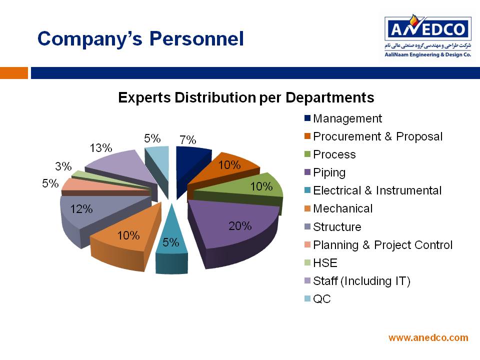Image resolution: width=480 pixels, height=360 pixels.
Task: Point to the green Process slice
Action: [x=245, y=188]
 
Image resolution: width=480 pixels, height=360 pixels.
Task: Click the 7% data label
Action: [x=187, y=140]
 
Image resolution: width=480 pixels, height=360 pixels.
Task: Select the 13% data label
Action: [x=100, y=148]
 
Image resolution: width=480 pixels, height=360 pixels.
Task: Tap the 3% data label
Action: [x=63, y=166]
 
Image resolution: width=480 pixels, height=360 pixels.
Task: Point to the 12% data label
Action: [x=81, y=209]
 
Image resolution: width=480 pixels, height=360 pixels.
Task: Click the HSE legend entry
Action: [x=321, y=263]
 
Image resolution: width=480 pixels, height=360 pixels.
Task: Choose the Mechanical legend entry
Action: [x=338, y=208]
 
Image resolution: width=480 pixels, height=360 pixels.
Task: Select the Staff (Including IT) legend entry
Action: [x=357, y=281]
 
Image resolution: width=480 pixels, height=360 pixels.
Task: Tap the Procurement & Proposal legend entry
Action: [x=373, y=136]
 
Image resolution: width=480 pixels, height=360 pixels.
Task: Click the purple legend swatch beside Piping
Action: [x=307, y=172]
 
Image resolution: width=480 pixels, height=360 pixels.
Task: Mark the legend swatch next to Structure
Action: [x=307, y=226]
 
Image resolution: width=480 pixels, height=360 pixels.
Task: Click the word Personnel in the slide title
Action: [x=196, y=39]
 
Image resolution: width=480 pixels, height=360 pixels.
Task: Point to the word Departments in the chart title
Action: [x=329, y=97]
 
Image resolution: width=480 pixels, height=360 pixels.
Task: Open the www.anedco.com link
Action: [x=428, y=337]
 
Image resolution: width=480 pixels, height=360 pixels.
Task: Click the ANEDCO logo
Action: [x=428, y=36]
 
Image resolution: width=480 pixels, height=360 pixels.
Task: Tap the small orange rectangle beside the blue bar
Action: [x=14, y=73]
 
